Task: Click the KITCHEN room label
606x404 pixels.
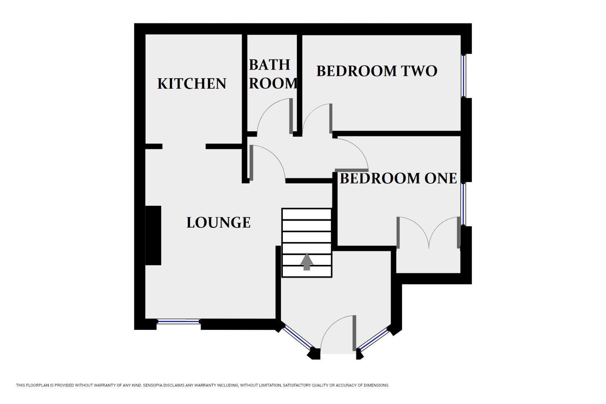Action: [192, 83]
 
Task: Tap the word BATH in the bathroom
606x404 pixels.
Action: [269, 65]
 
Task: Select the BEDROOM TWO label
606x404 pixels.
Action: [377, 71]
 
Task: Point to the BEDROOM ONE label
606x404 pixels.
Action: [398, 178]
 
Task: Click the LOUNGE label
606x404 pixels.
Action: [218, 223]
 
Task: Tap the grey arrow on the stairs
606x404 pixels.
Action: [307, 261]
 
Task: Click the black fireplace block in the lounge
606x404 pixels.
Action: [153, 235]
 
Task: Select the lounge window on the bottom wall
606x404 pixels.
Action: [178, 321]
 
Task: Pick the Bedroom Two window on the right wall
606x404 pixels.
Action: [464, 76]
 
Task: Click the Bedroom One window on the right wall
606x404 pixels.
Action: [464, 204]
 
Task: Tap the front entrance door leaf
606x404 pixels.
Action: [354, 333]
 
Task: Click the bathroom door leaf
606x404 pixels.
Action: [291, 116]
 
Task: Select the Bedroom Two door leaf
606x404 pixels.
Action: [331, 119]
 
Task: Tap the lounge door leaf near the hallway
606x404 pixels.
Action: [251, 163]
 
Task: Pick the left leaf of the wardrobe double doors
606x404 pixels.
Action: [398, 233]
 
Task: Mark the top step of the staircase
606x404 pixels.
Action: [307, 214]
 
